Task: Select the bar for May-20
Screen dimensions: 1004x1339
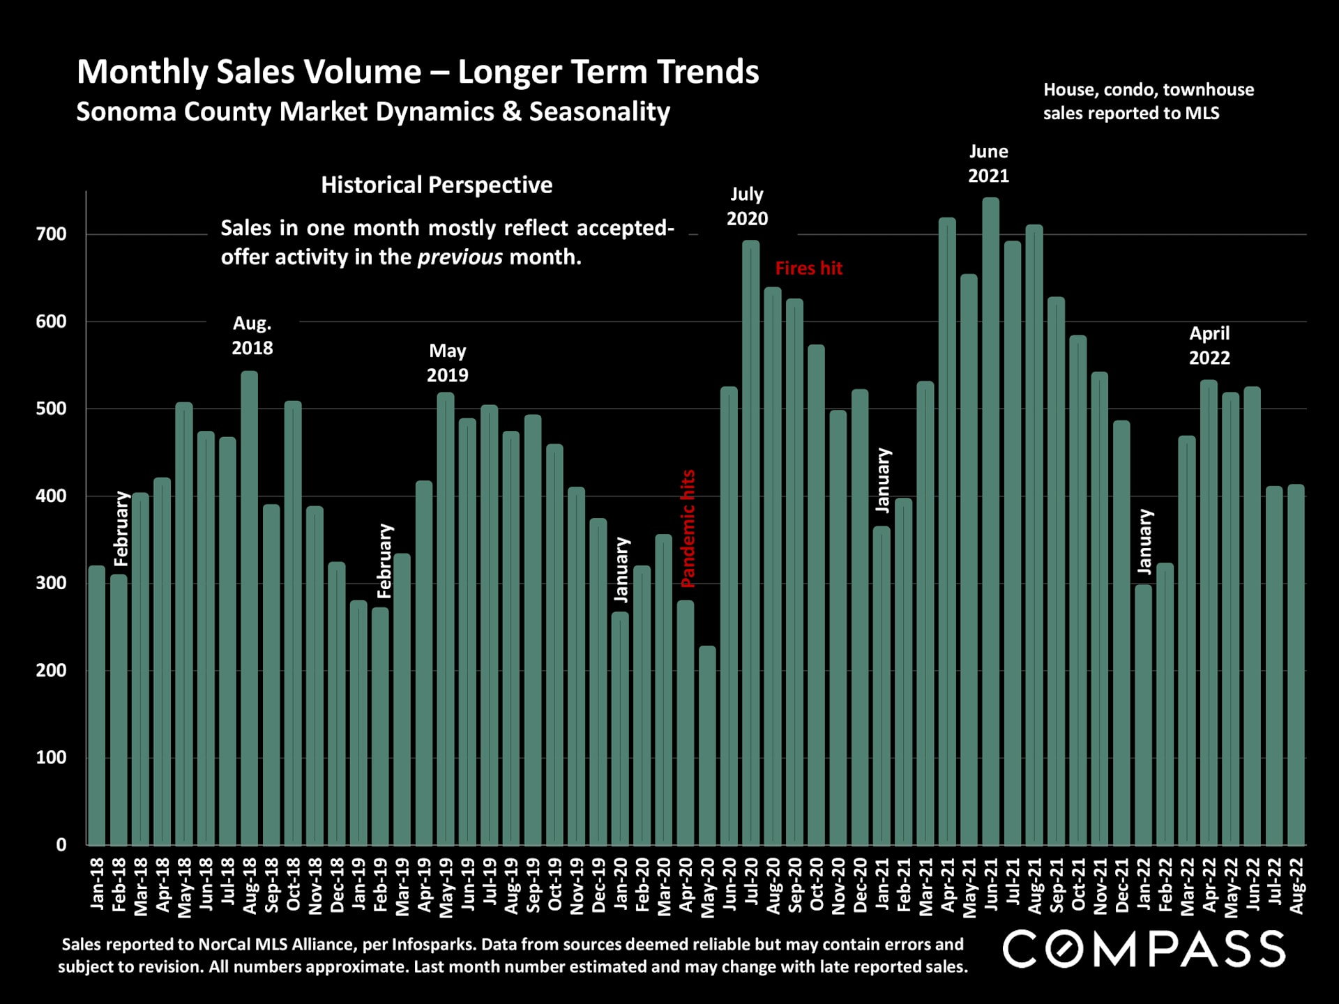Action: (707, 745)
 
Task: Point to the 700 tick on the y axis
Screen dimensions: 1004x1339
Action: (52, 234)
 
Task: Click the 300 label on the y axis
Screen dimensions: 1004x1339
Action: (52, 583)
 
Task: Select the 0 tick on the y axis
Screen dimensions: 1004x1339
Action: (61, 845)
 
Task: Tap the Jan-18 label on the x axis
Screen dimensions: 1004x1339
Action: (98, 883)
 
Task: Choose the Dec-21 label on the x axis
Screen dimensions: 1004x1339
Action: (1122, 885)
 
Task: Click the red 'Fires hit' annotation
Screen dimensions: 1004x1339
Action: (809, 268)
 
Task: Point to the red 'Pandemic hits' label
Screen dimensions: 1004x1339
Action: (688, 528)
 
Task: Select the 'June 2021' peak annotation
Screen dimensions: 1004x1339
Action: (988, 164)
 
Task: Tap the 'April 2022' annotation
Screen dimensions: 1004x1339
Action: (1209, 346)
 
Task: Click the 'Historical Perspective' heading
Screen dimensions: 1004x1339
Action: (437, 185)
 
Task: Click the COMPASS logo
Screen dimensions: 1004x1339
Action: (1144, 949)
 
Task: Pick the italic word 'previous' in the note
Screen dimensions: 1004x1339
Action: (460, 257)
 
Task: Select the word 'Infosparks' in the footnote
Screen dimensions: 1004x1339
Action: (433, 945)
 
